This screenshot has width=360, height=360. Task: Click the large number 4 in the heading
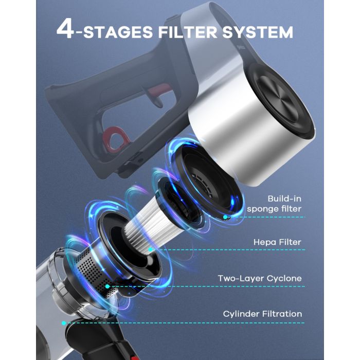[x=65, y=29]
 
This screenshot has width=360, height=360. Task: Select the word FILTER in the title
[x=187, y=32]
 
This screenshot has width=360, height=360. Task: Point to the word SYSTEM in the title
[x=258, y=32]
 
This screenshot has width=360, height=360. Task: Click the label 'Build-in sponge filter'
[x=274, y=204]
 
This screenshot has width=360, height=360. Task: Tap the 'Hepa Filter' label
[x=277, y=242]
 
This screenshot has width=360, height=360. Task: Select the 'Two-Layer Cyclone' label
[x=260, y=279]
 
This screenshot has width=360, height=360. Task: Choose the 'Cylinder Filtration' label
[x=262, y=314]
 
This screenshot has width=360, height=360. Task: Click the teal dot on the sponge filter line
[x=225, y=217]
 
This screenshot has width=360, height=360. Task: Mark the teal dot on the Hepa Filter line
[x=150, y=249]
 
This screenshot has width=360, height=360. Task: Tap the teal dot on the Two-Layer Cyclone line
[x=107, y=286]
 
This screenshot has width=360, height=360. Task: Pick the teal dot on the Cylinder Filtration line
[x=64, y=323]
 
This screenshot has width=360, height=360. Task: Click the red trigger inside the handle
[x=158, y=93]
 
